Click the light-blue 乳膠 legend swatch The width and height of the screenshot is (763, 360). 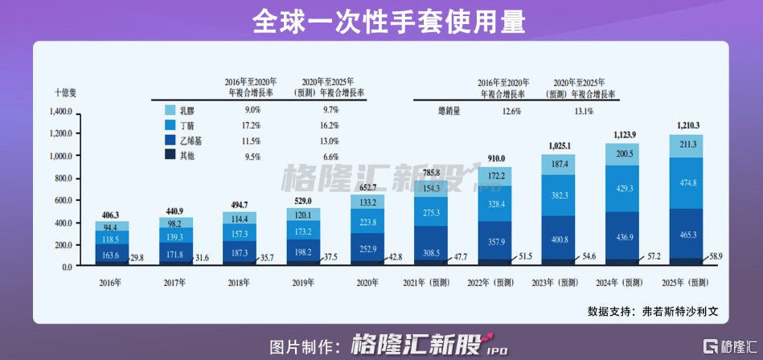170,109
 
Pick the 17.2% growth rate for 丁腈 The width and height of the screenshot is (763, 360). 252,126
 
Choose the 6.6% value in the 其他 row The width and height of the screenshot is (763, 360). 330,156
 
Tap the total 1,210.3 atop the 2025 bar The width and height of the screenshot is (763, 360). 684,125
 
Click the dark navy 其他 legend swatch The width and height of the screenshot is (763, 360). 170,156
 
